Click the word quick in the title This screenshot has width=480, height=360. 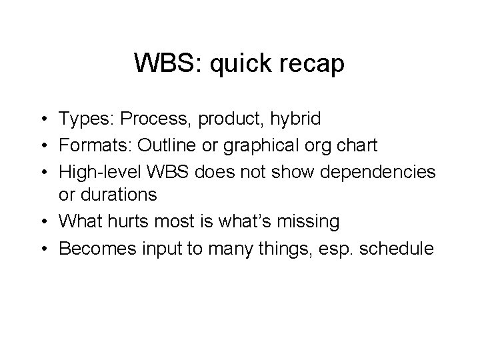237,64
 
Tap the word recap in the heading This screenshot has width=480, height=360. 313,64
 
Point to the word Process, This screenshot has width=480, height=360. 155,119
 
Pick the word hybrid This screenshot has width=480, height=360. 295,119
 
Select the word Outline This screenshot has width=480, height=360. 165,145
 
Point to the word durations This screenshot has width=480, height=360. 118,195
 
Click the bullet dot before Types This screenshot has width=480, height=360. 42,120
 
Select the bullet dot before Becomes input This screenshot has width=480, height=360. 42,248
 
